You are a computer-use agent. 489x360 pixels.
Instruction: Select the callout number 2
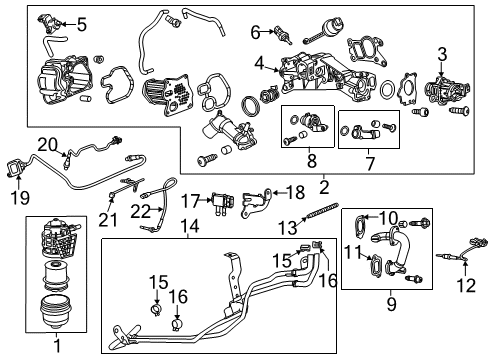click(x=323, y=185)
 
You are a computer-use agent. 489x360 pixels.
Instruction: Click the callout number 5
click(x=82, y=24)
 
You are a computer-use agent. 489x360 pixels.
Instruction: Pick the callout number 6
click(x=254, y=32)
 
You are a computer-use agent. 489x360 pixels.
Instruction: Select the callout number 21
click(x=107, y=219)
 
